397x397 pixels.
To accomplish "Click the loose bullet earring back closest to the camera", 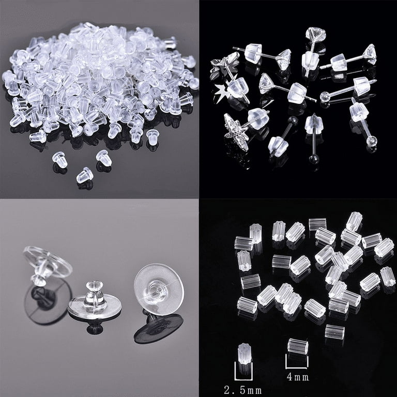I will (85, 175).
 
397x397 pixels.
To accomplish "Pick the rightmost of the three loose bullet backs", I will (103, 156).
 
